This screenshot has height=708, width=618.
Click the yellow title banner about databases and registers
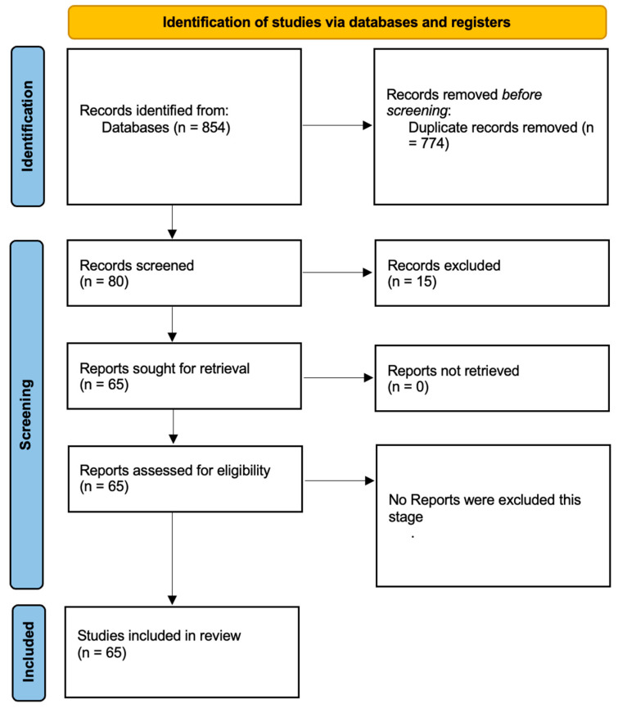click(336, 22)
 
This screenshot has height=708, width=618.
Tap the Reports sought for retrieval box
click(184, 377)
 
